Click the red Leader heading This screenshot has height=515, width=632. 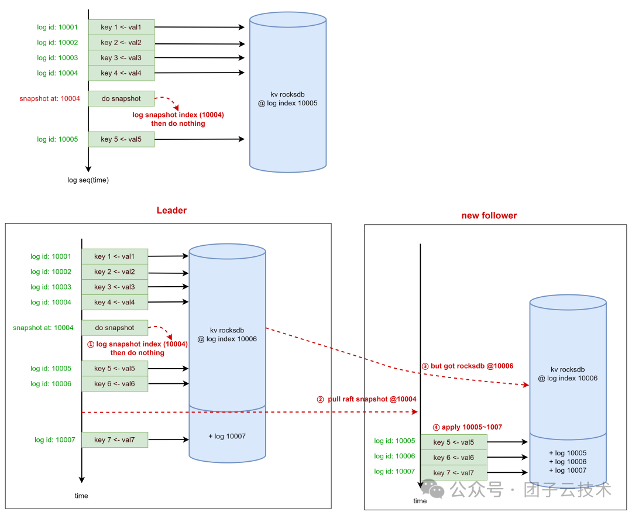pos(171,211)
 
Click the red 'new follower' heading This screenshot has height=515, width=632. pos(489,215)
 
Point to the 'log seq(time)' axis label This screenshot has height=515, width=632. pos(88,180)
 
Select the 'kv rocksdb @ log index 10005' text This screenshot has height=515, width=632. pos(287,98)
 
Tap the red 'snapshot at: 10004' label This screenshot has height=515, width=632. pos(50,99)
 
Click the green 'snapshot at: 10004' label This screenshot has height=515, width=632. pos(43,328)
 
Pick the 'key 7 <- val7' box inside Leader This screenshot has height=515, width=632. pos(115,440)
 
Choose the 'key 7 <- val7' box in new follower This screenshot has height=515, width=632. pos(454,473)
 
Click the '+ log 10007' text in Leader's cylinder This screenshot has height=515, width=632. pos(228,437)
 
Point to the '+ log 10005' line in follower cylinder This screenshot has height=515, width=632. pos(568,453)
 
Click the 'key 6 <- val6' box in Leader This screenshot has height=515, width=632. pos(115,384)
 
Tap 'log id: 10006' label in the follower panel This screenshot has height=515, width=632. pos(394,456)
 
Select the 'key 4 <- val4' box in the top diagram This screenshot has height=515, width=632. pos(121,73)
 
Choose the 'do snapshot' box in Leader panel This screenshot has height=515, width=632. pos(115,328)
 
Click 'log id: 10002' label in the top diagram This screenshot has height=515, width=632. pos(57,43)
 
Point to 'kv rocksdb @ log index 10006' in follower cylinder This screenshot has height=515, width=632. pos(568,374)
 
